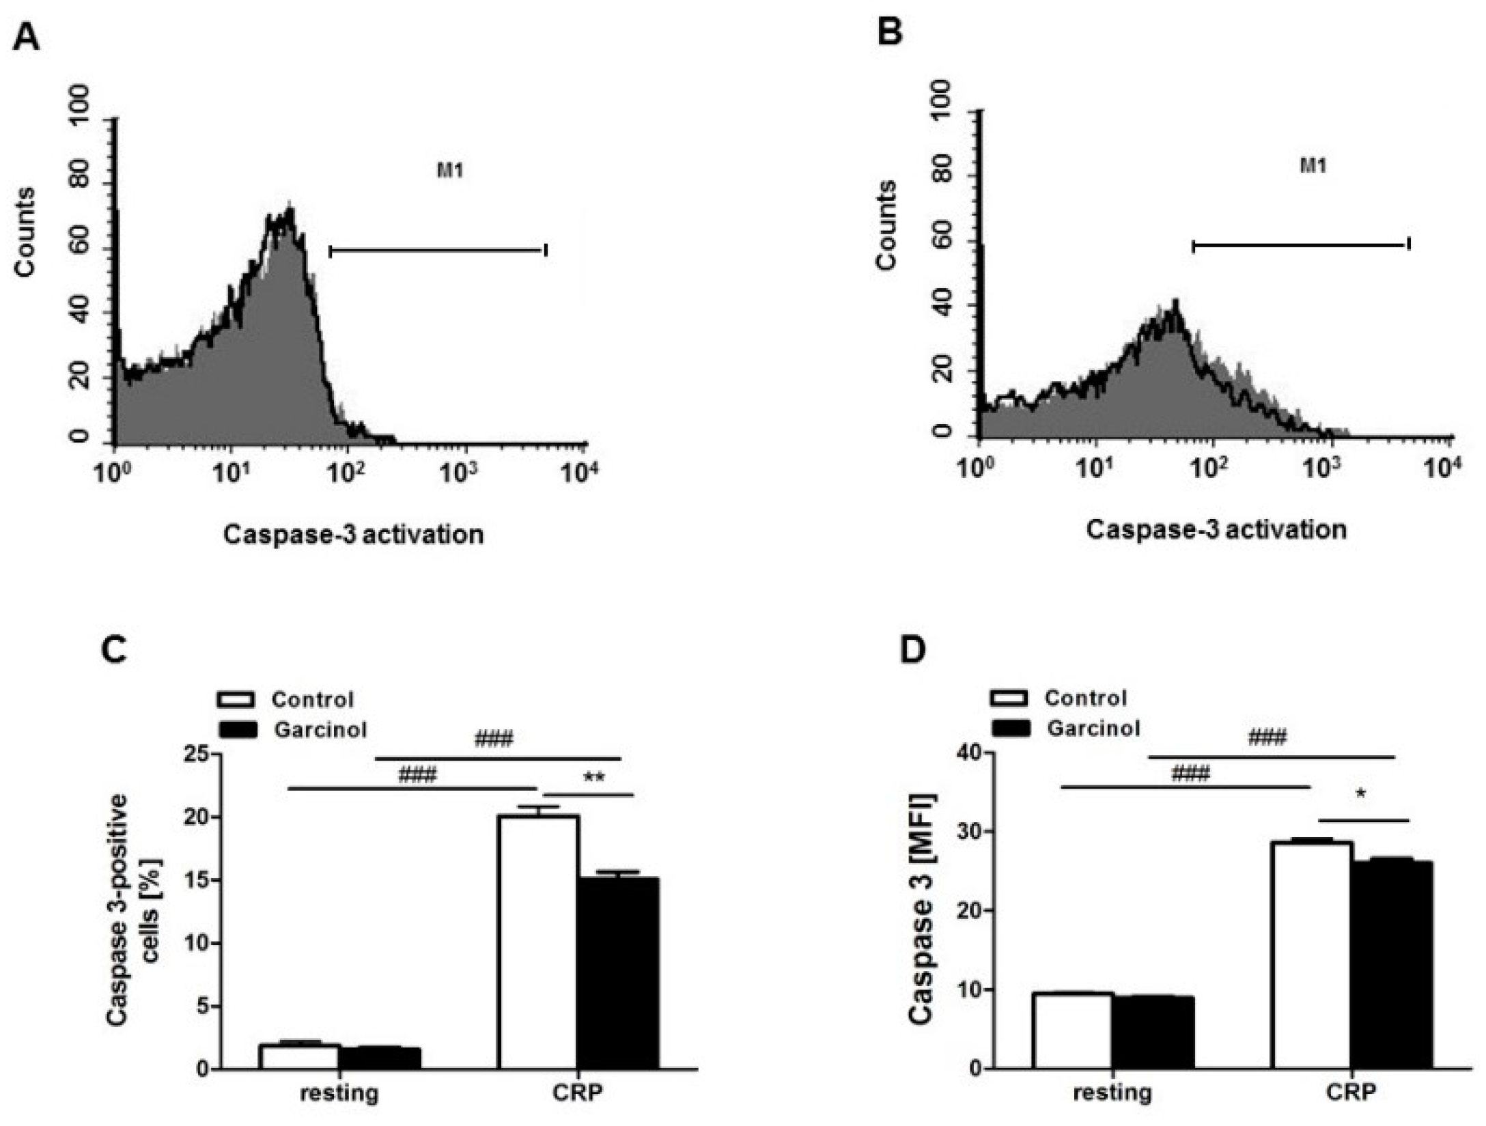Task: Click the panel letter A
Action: pos(26,36)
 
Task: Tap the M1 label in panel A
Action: pos(450,169)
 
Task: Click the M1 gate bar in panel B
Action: pos(1300,245)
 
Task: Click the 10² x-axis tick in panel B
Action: pos(1212,467)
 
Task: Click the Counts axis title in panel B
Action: pos(886,225)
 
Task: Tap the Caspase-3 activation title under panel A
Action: pos(353,534)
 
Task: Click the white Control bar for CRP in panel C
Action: pos(538,942)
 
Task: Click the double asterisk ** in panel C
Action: pos(593,778)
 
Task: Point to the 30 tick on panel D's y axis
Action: pos(968,832)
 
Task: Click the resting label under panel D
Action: pos(1112,1093)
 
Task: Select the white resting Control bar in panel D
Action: pos(1072,1030)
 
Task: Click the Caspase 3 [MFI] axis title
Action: pos(922,908)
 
